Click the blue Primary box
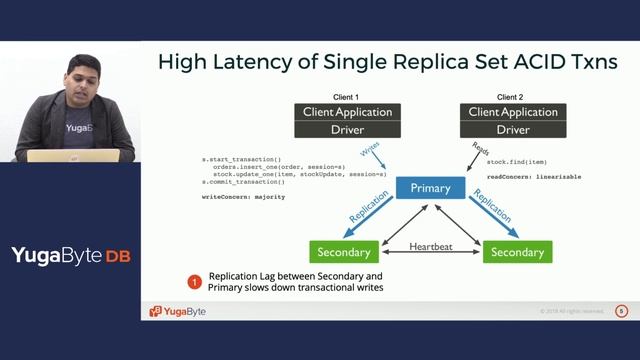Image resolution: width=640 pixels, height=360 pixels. pyautogui.click(x=430, y=187)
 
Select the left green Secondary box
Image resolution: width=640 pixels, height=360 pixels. pyautogui.click(x=344, y=251)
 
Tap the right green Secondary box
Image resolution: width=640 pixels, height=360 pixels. pyautogui.click(x=517, y=251)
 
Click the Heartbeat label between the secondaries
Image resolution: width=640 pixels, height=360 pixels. pyautogui.click(x=430, y=246)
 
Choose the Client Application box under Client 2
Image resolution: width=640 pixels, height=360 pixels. pyautogui.click(x=513, y=112)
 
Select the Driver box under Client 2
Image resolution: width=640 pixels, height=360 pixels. pyautogui.click(x=513, y=130)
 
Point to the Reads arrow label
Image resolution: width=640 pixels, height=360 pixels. pyautogui.click(x=480, y=150)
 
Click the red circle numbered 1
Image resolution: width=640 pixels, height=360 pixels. pyautogui.click(x=195, y=282)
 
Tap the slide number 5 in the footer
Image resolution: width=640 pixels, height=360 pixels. pyautogui.click(x=621, y=311)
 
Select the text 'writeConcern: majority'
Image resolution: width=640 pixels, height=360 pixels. pyautogui.click(x=243, y=197)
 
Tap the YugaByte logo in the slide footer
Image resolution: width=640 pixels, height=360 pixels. pyautogui.click(x=178, y=311)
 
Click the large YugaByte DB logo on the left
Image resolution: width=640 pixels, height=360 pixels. pyautogui.click(x=70, y=255)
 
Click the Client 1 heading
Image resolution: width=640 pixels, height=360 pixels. pyautogui.click(x=345, y=96)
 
